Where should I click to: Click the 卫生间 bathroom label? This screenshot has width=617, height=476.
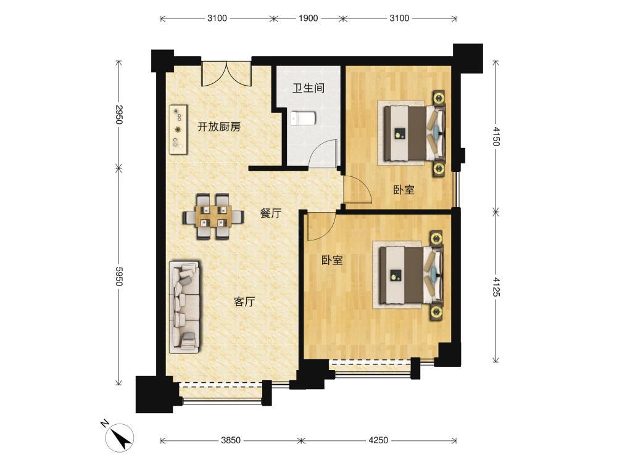(x=308, y=88)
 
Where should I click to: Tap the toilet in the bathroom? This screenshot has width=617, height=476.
(x=304, y=118)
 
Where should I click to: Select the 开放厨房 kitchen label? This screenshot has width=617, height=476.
(x=219, y=126)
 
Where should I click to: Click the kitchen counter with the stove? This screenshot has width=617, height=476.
(x=178, y=129)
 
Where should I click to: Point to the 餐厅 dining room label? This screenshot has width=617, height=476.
(x=271, y=213)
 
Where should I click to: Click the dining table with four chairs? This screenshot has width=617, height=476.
(x=213, y=216)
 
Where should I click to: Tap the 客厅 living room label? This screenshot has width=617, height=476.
(x=244, y=302)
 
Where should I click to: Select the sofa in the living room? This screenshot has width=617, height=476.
(x=184, y=306)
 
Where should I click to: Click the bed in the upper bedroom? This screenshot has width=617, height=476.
(x=412, y=133)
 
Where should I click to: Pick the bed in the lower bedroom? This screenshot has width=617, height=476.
(x=408, y=274)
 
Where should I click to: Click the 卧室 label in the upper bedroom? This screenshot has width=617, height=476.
(x=404, y=190)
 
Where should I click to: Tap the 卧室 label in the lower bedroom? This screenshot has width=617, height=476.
(x=332, y=260)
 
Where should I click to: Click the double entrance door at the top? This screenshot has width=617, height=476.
(x=226, y=73)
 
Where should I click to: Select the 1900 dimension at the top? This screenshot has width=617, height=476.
(x=308, y=18)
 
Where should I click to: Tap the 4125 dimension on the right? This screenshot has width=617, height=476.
(x=496, y=286)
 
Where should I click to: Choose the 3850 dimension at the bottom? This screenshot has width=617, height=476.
(x=231, y=440)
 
